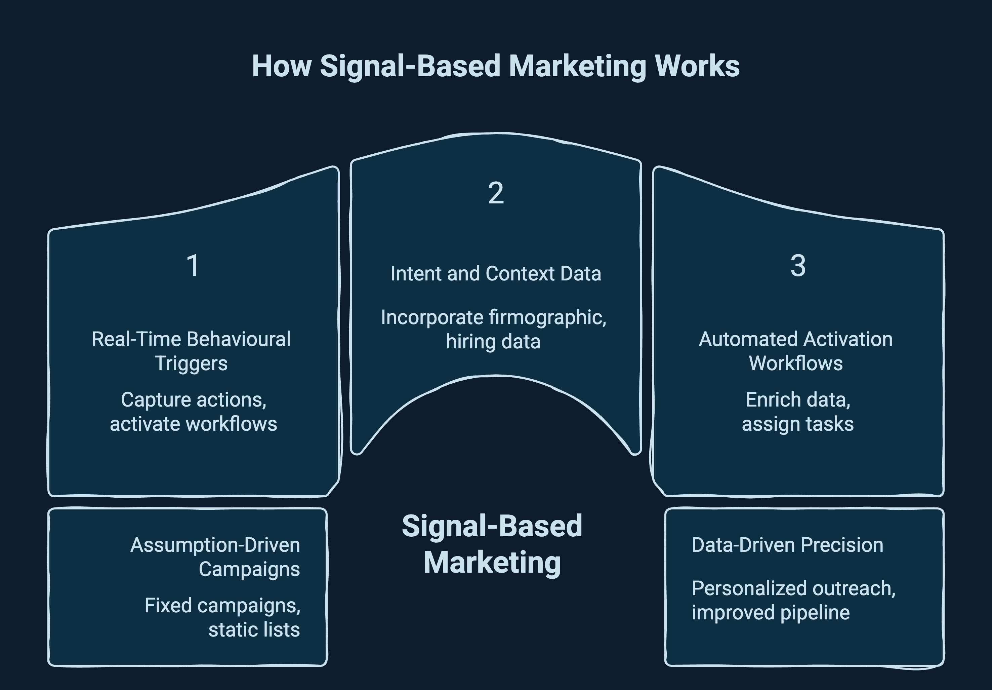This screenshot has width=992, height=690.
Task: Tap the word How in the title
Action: tap(282, 66)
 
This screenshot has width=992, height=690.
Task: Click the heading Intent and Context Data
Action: tap(496, 274)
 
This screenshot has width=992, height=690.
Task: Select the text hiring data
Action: tap(493, 342)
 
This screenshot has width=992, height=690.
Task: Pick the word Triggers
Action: tap(191, 363)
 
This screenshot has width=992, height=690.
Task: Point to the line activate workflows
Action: tap(193, 424)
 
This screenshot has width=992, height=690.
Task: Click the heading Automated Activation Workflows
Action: tap(795, 351)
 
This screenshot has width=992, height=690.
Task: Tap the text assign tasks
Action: tap(797, 424)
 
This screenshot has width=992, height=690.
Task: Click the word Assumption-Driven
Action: tap(215, 545)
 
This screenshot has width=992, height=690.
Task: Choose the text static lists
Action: tap(254, 629)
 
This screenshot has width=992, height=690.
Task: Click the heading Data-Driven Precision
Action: tap(787, 545)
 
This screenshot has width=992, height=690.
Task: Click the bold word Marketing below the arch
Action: tap(492, 563)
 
